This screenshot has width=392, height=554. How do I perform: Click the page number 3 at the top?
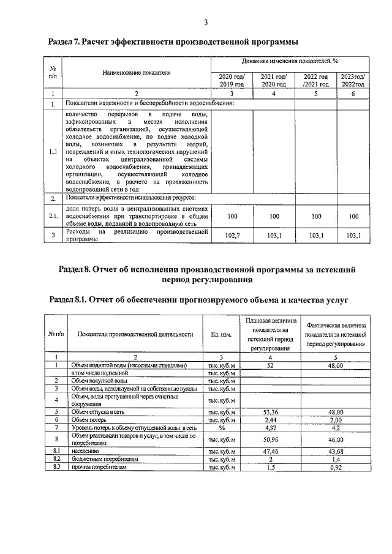[x=206, y=23]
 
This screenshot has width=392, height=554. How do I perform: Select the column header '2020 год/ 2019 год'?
[x=232, y=80]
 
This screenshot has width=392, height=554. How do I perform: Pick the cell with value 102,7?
[x=232, y=235]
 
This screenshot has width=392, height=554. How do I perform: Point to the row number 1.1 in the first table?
[x=53, y=152]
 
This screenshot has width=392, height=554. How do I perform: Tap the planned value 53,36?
[x=270, y=413]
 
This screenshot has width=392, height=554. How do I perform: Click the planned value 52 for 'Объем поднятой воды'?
[x=270, y=365]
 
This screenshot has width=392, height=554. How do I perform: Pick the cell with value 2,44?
[x=270, y=420]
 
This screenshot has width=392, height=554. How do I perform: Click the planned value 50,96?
[x=270, y=439]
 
